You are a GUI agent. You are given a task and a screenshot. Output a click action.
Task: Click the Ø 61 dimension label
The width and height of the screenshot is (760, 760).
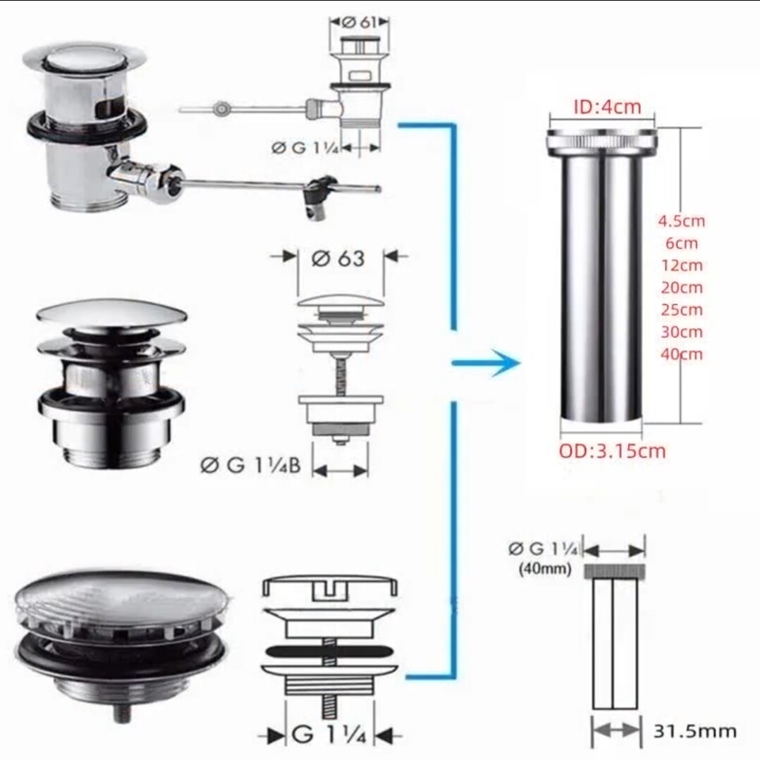[x=360, y=23]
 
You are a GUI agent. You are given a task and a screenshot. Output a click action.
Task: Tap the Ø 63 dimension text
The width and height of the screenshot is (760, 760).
[x=338, y=258]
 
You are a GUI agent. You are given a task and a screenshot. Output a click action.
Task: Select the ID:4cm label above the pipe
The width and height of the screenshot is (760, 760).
[x=607, y=106]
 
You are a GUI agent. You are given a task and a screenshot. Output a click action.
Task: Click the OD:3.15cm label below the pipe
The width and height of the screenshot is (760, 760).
[x=612, y=451]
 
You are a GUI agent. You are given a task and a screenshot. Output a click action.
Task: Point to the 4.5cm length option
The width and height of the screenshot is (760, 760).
[x=681, y=221]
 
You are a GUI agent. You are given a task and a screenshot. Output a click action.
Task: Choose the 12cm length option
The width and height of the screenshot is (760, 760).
[x=682, y=266]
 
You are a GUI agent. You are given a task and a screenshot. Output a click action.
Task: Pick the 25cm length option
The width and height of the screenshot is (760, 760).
[x=682, y=310]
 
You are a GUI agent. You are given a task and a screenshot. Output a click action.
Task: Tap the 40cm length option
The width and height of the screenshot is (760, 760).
[x=682, y=354]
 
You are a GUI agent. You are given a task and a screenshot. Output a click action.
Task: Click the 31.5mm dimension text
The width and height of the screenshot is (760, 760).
[x=695, y=731]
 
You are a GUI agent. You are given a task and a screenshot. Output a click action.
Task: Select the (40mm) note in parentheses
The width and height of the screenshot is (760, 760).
[x=545, y=568]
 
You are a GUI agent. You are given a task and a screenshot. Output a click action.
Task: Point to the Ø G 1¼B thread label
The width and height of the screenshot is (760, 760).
[x=250, y=466]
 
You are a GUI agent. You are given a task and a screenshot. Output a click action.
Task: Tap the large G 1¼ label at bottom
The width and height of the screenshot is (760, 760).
[x=329, y=735]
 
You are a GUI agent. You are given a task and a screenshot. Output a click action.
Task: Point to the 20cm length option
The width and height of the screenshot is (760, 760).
[x=682, y=288]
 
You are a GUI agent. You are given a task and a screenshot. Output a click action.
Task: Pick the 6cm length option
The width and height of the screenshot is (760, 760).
[x=682, y=243]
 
